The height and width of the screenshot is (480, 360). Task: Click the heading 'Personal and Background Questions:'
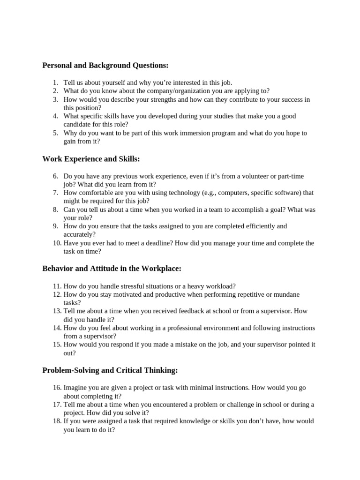[105, 65]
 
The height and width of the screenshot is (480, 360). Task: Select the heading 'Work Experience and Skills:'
[91, 159]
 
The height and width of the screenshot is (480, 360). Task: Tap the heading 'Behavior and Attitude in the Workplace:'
[112, 269]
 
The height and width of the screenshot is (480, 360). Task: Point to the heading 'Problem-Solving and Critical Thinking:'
[110, 370]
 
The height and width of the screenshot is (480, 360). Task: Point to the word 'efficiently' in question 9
[258, 226]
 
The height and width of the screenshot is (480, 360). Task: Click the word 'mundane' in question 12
[286, 294]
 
